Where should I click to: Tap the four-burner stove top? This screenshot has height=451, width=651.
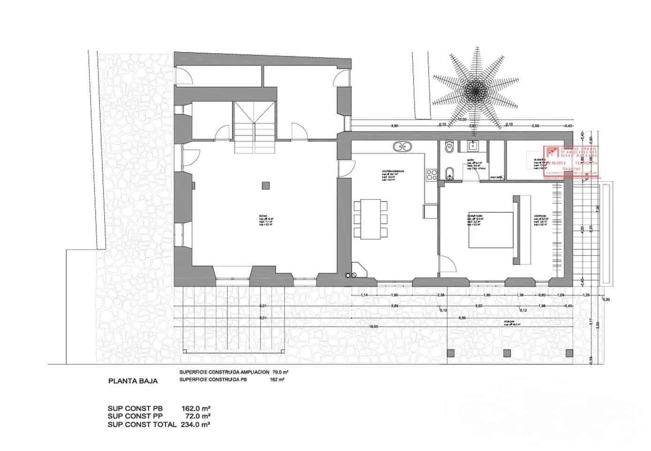(431, 176)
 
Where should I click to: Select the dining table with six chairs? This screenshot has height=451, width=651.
(370, 218)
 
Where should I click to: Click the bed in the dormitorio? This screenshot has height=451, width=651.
(490, 230)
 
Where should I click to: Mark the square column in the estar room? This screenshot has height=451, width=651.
(266, 185)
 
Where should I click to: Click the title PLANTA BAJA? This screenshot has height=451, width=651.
(133, 381)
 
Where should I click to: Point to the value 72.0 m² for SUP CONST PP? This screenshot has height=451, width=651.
(195, 416)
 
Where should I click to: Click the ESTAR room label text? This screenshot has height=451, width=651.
(263, 216)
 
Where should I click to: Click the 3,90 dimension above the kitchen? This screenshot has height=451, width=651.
(394, 125)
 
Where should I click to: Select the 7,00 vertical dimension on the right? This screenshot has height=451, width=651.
(597, 208)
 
